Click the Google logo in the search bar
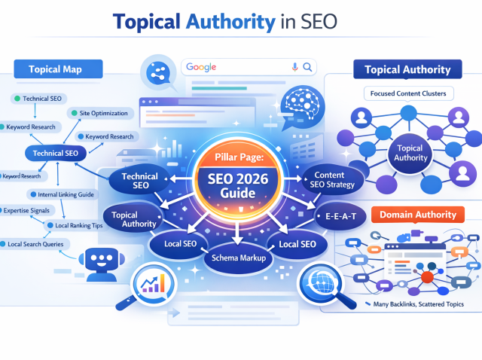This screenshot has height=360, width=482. (x=203, y=67)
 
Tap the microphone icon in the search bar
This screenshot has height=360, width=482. (x=294, y=67)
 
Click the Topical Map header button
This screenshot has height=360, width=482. (x=55, y=70)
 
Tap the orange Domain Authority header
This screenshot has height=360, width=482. (x=418, y=215)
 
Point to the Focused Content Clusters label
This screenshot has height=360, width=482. (x=408, y=93)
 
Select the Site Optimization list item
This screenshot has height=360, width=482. (x=101, y=114)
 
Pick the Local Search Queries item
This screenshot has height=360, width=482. (x=35, y=244)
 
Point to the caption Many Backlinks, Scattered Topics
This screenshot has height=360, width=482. (x=418, y=304)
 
